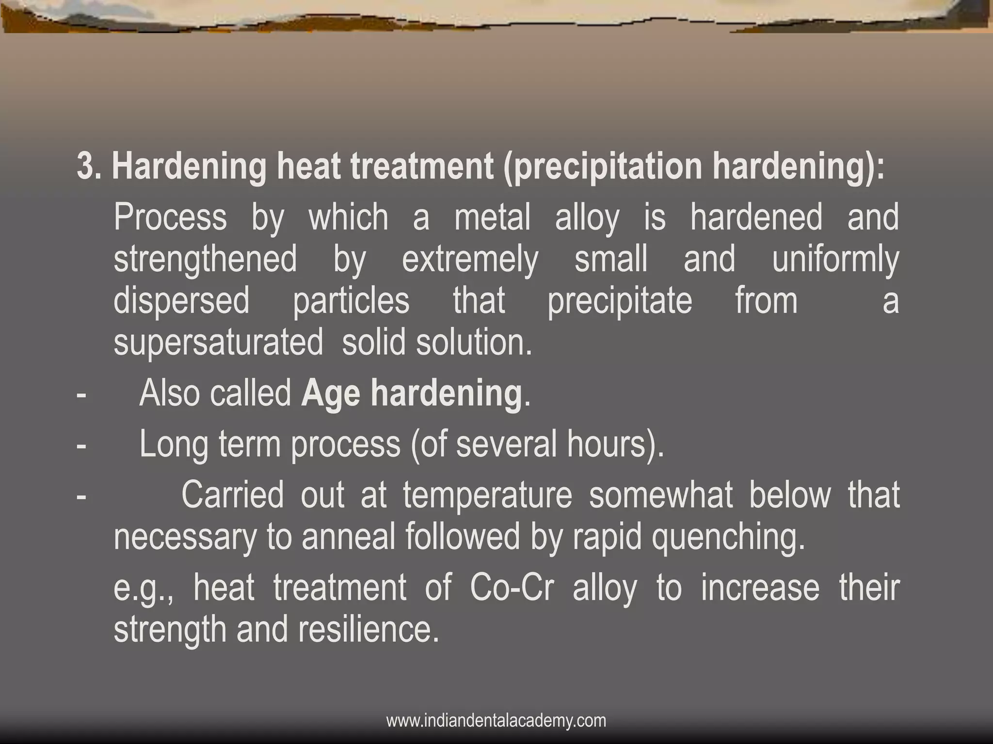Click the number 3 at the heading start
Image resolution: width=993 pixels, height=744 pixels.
[x=85, y=167]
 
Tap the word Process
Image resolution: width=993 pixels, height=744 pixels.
[x=170, y=217]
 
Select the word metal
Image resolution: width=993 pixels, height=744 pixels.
[x=492, y=217]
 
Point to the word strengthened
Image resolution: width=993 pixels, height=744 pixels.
[x=205, y=260]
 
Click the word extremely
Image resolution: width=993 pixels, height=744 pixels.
[x=470, y=260]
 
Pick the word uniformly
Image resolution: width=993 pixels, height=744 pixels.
[x=835, y=260]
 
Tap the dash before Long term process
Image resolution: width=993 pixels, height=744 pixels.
[x=81, y=444]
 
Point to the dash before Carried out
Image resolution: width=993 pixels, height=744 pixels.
[x=81, y=495]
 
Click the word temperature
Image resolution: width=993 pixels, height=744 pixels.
[x=487, y=495]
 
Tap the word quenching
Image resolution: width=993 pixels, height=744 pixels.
[x=728, y=537]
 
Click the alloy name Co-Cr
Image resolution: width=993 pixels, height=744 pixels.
[x=512, y=588]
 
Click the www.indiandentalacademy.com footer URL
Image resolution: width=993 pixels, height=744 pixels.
[x=496, y=721]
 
